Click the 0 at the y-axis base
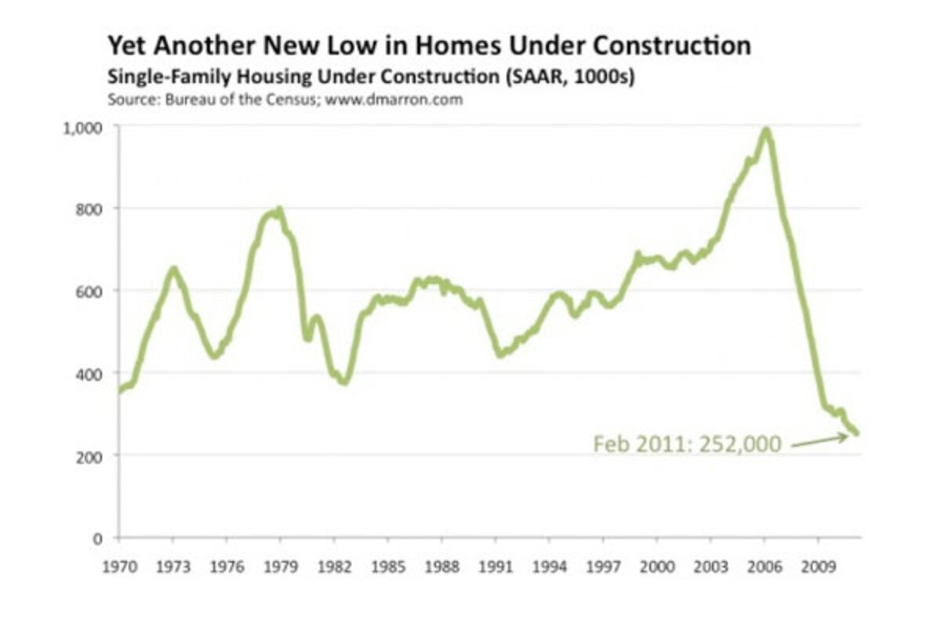(99, 538)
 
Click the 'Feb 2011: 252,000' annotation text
(687, 444)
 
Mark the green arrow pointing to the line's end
(819, 440)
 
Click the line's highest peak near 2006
(765, 130)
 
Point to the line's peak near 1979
(278, 210)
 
